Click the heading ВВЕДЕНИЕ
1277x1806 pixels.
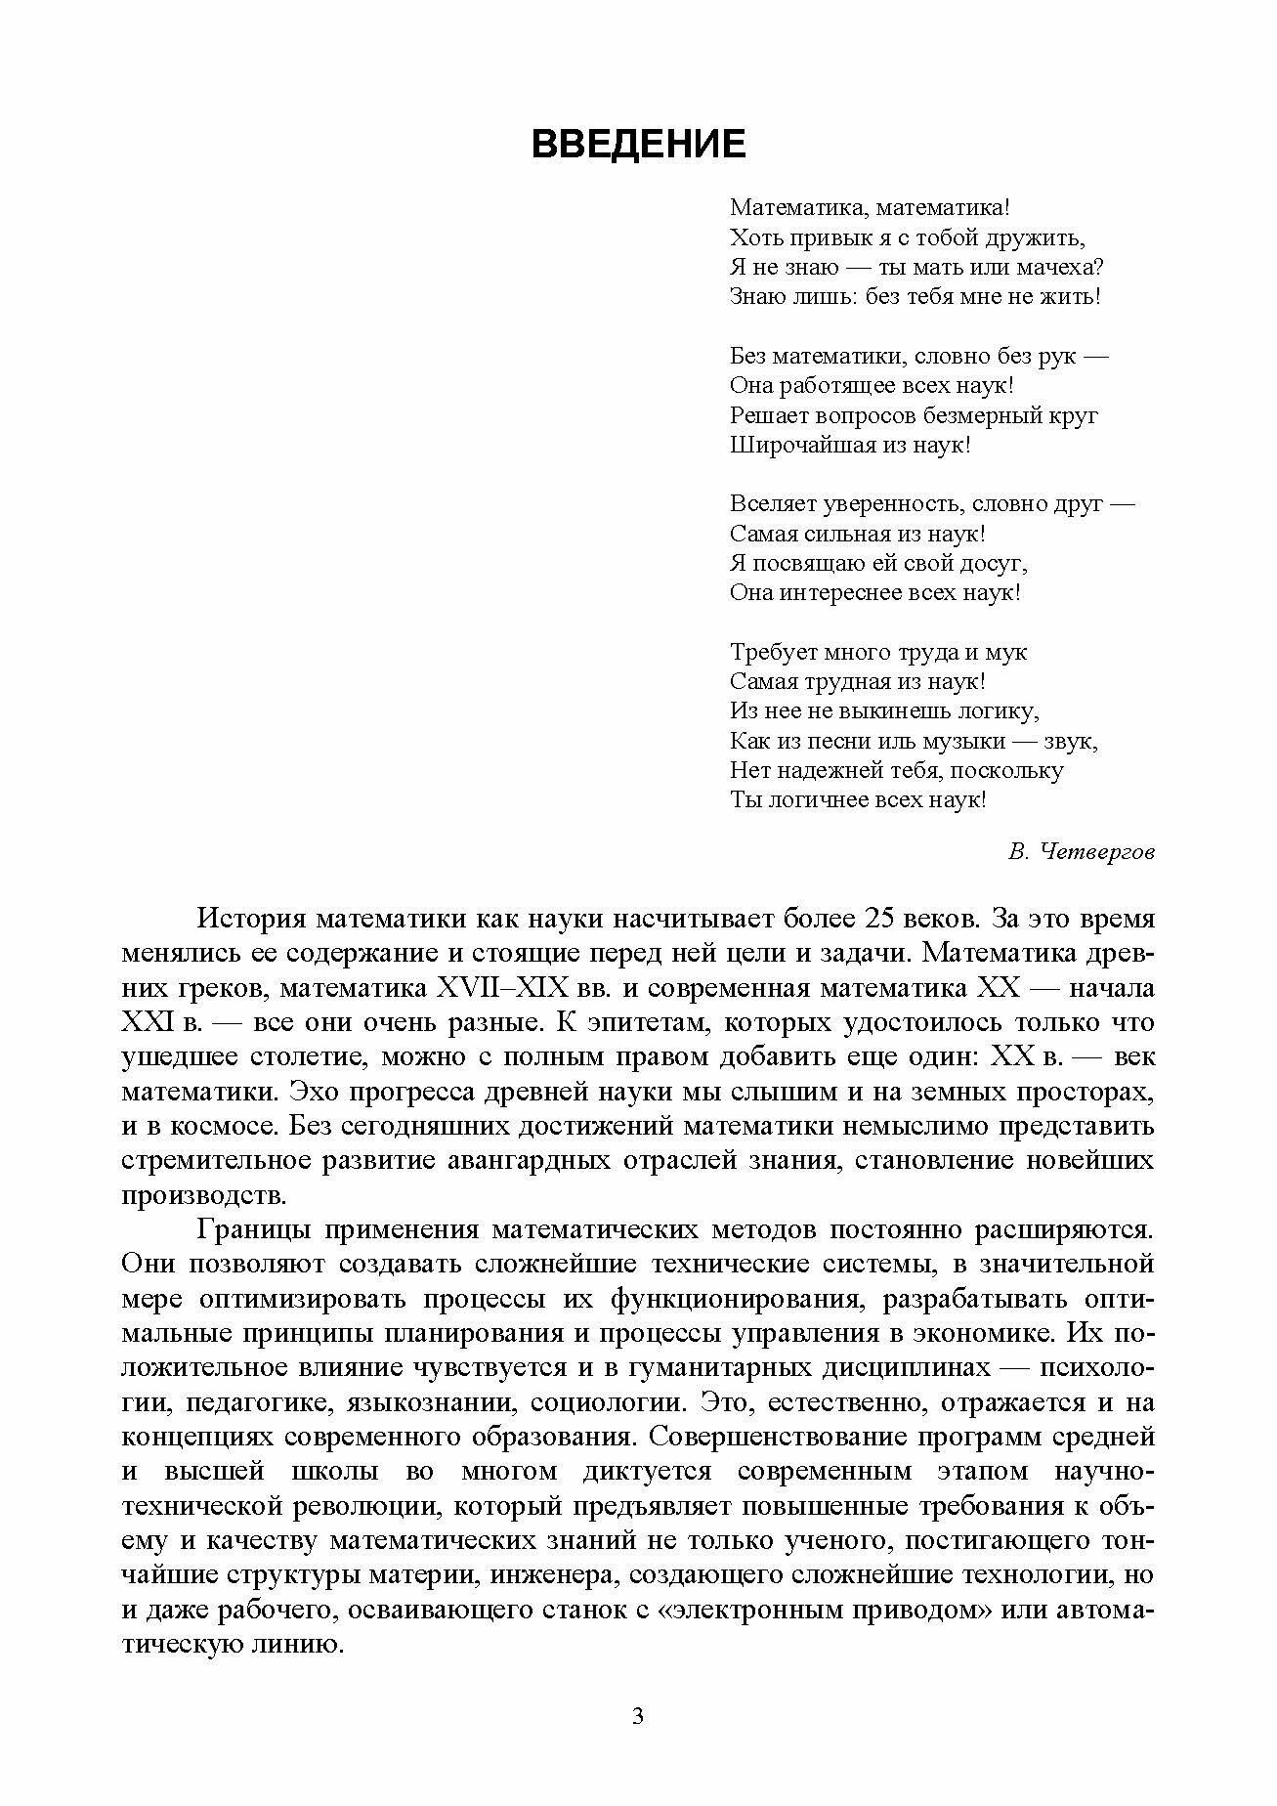pyautogui.click(x=638, y=145)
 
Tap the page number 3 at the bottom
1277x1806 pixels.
pyautogui.click(x=638, y=1716)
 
